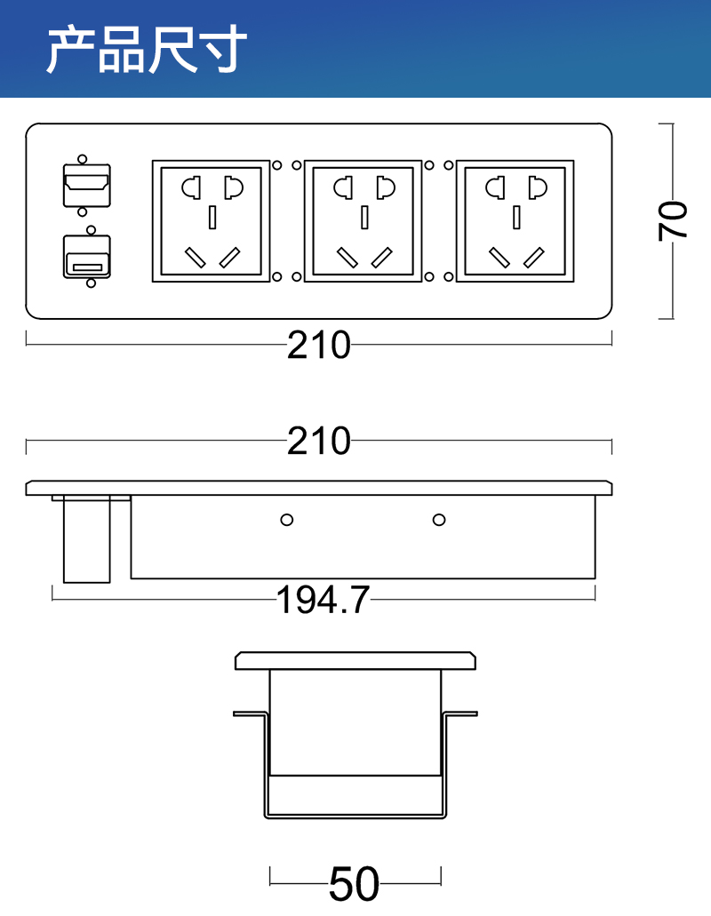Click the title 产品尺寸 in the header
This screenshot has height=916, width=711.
[147, 50]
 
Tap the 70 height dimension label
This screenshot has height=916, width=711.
[674, 220]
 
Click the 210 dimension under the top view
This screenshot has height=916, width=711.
[319, 346]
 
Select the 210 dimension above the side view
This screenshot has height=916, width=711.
[319, 441]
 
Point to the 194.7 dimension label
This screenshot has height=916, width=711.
[323, 601]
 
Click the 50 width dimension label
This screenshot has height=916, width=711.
[354, 884]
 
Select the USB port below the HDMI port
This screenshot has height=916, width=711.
[86, 257]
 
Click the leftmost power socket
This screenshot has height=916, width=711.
[212, 221]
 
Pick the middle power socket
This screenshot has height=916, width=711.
[363, 221]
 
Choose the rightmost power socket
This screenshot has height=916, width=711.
[515, 221]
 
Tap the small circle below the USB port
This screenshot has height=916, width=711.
[90, 284]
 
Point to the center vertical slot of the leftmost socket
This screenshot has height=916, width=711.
[212, 216]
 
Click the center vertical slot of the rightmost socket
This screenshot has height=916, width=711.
[515, 216]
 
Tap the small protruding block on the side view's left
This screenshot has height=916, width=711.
[86, 540]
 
